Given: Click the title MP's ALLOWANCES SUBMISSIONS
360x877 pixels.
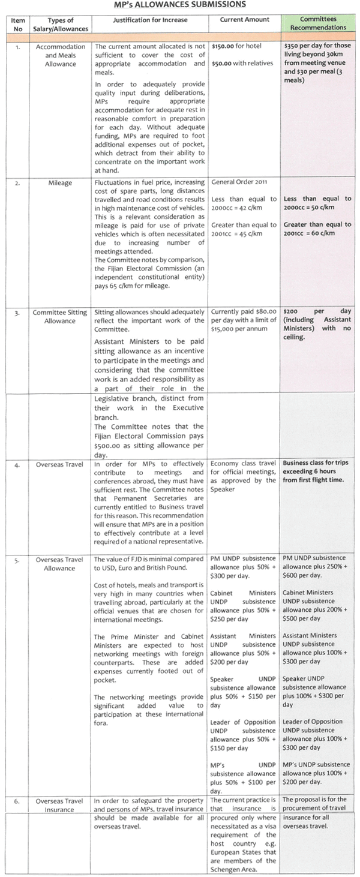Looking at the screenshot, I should click(x=179, y=5).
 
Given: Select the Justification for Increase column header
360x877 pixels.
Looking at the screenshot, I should click(x=149, y=20).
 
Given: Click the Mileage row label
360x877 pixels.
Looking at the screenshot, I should click(x=60, y=182).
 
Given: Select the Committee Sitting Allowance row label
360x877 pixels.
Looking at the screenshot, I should click(x=60, y=317).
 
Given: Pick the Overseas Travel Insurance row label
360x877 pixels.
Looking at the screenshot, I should click(x=60, y=804).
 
